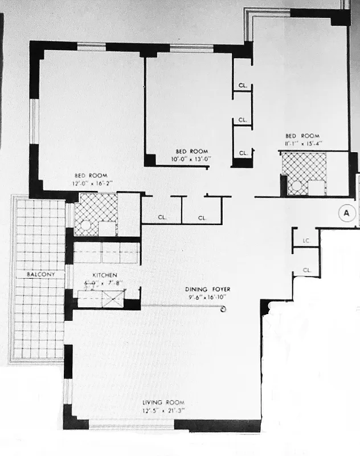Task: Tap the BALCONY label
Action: pos(39,275)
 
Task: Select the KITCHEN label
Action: pos(105,275)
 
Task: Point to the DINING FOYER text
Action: pos(207,289)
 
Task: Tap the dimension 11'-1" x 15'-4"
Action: pos(303,144)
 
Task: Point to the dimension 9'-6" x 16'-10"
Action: pos(207,297)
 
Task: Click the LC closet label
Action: pos(306,241)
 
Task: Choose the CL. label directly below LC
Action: pos(306,270)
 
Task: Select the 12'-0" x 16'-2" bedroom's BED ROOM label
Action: pos(91,176)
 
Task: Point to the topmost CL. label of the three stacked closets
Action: pos(243,86)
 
